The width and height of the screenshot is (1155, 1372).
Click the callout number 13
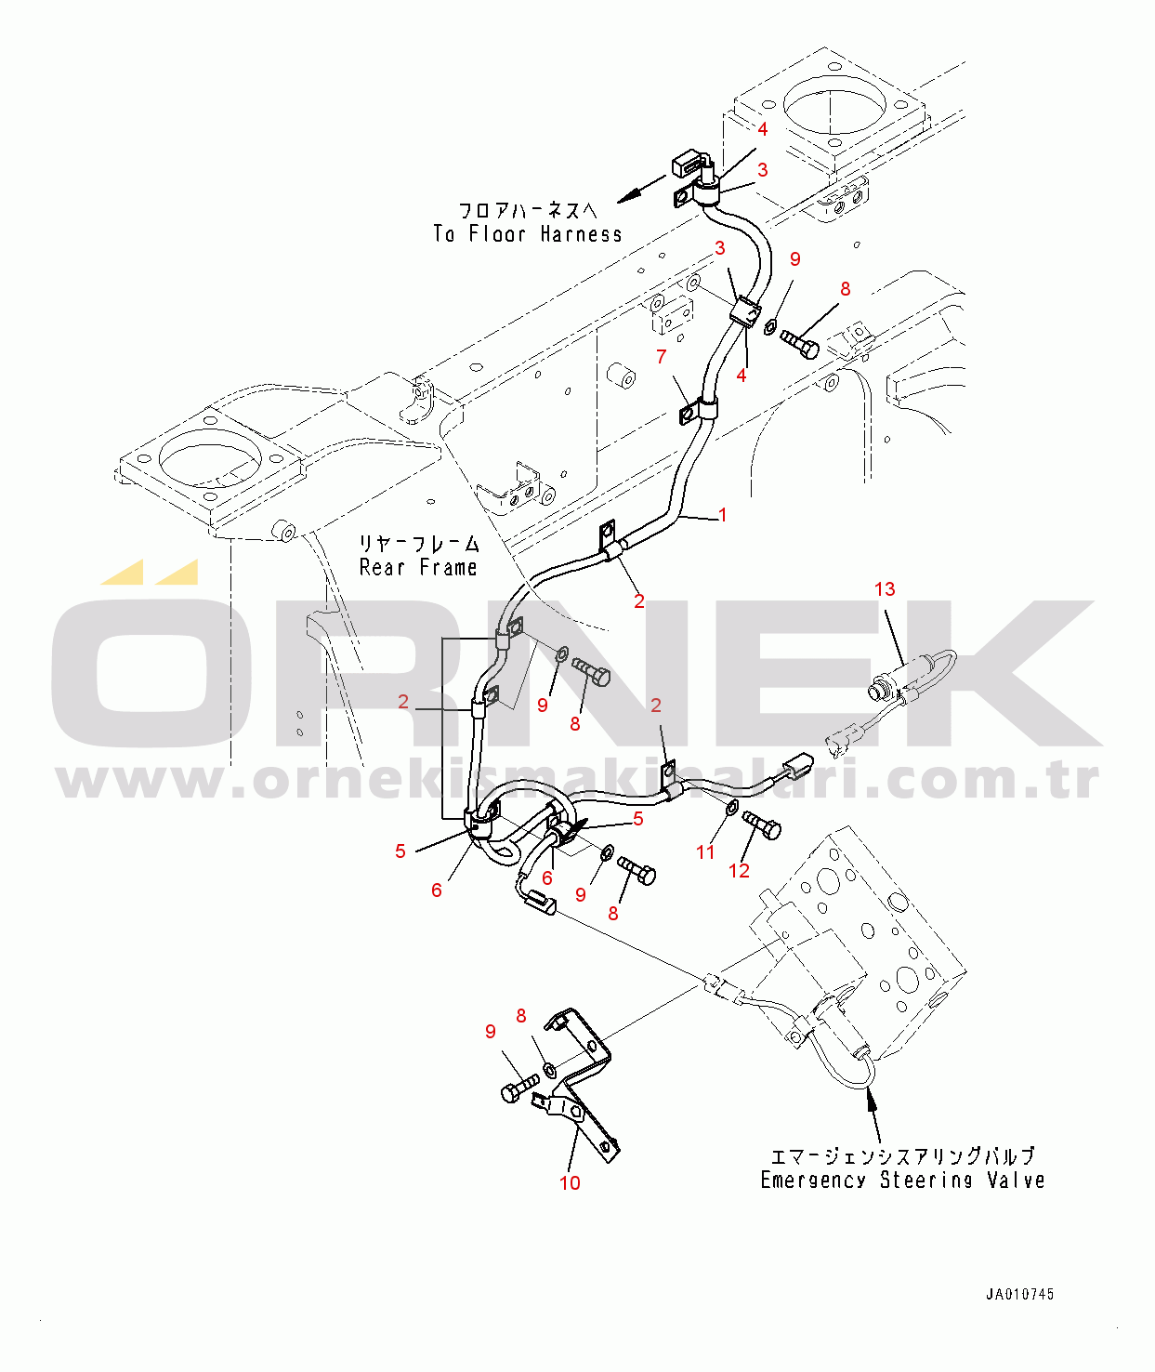point(885,589)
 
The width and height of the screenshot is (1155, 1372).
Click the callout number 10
point(570,1182)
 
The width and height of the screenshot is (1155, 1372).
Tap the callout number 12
point(739,870)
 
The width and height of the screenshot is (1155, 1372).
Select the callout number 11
point(705,851)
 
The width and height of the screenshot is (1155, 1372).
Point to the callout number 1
point(723,515)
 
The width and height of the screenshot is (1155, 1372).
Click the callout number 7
point(661,356)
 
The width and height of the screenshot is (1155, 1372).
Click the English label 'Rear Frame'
point(418,567)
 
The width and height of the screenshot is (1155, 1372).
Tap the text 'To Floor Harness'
point(527,234)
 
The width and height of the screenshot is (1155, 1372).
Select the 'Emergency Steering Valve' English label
point(902,1180)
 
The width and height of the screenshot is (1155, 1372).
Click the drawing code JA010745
point(1019,1294)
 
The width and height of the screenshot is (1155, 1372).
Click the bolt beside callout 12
point(763,825)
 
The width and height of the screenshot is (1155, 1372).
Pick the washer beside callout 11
point(731,805)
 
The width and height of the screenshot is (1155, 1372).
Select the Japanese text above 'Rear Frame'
point(419,543)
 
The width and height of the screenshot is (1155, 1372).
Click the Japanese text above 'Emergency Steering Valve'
point(901,1155)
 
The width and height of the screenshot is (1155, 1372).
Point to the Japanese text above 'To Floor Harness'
point(527,211)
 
